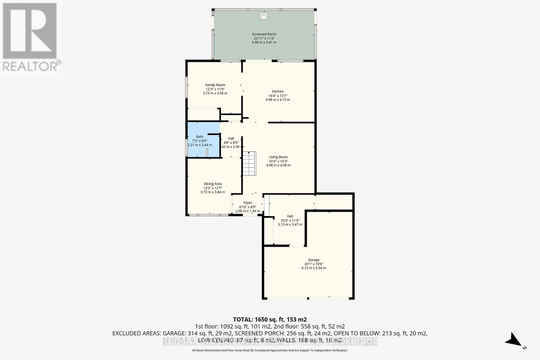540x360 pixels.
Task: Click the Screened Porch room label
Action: coord(264,34)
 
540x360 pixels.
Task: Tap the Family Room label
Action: coord(215,85)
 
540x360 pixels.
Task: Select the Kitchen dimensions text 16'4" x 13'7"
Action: coord(278,96)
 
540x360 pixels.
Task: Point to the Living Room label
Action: coord(278,157)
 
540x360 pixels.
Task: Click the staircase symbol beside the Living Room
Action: coord(249,163)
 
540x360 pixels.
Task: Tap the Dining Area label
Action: coord(213,184)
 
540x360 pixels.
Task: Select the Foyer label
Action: coord(248,203)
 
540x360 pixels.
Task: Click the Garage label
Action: coord(314,260)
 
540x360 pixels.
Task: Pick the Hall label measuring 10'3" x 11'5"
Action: coord(290,216)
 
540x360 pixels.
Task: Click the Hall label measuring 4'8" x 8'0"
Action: coord(231,138)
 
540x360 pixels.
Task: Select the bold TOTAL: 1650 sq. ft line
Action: coord(270,319)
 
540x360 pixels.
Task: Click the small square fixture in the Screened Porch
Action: coord(264,16)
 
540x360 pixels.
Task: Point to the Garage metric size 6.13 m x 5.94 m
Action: coord(314,268)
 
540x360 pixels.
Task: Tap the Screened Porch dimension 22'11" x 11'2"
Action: coord(264,38)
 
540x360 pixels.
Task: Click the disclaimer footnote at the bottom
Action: coord(270,350)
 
